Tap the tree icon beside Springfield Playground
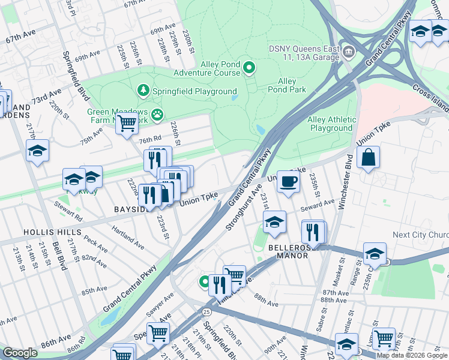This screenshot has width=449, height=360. click(143, 91)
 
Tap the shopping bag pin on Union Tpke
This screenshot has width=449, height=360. click(368, 158)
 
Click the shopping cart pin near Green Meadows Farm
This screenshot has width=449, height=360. click(126, 124)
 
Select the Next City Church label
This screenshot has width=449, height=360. click(420, 235)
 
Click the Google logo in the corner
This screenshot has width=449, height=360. click(20, 352)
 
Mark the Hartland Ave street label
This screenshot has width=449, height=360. click(128, 238)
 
